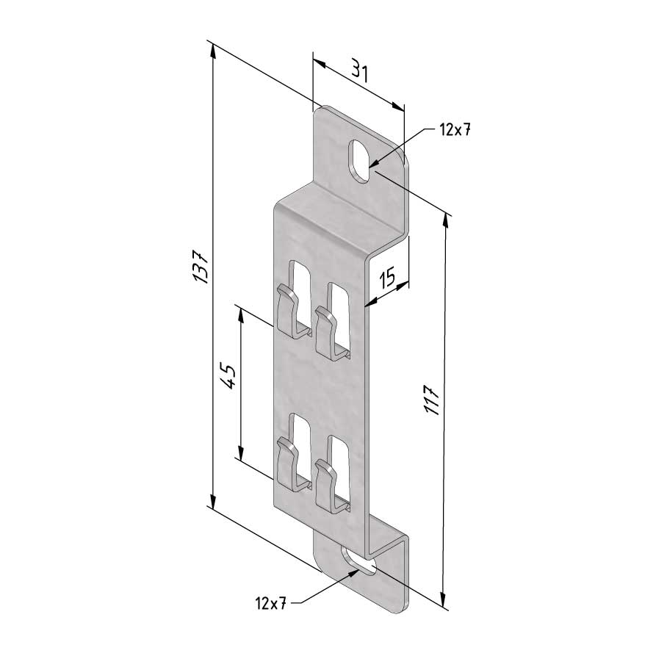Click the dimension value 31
coord(358,71)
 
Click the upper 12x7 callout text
coord(454,130)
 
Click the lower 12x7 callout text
coord(270,603)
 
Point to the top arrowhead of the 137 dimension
coord(213,49)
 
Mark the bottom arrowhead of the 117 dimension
coord(444,602)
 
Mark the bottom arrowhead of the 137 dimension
coord(212,503)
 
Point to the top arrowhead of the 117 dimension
coord(445,218)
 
